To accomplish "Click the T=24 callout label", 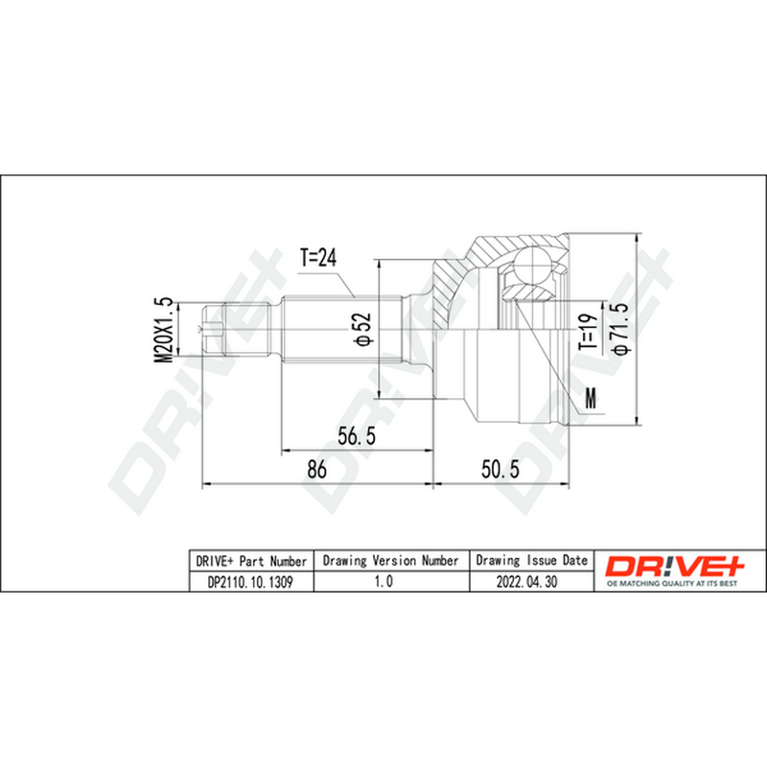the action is [318, 257].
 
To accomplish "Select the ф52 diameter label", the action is [363, 329].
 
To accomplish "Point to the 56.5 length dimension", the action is [357, 435].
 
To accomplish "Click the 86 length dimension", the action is [316, 469].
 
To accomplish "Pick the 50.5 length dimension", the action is [500, 469].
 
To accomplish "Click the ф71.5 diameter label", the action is [619, 328].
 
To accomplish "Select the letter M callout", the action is [592, 398].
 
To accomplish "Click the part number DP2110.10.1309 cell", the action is [250, 582].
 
